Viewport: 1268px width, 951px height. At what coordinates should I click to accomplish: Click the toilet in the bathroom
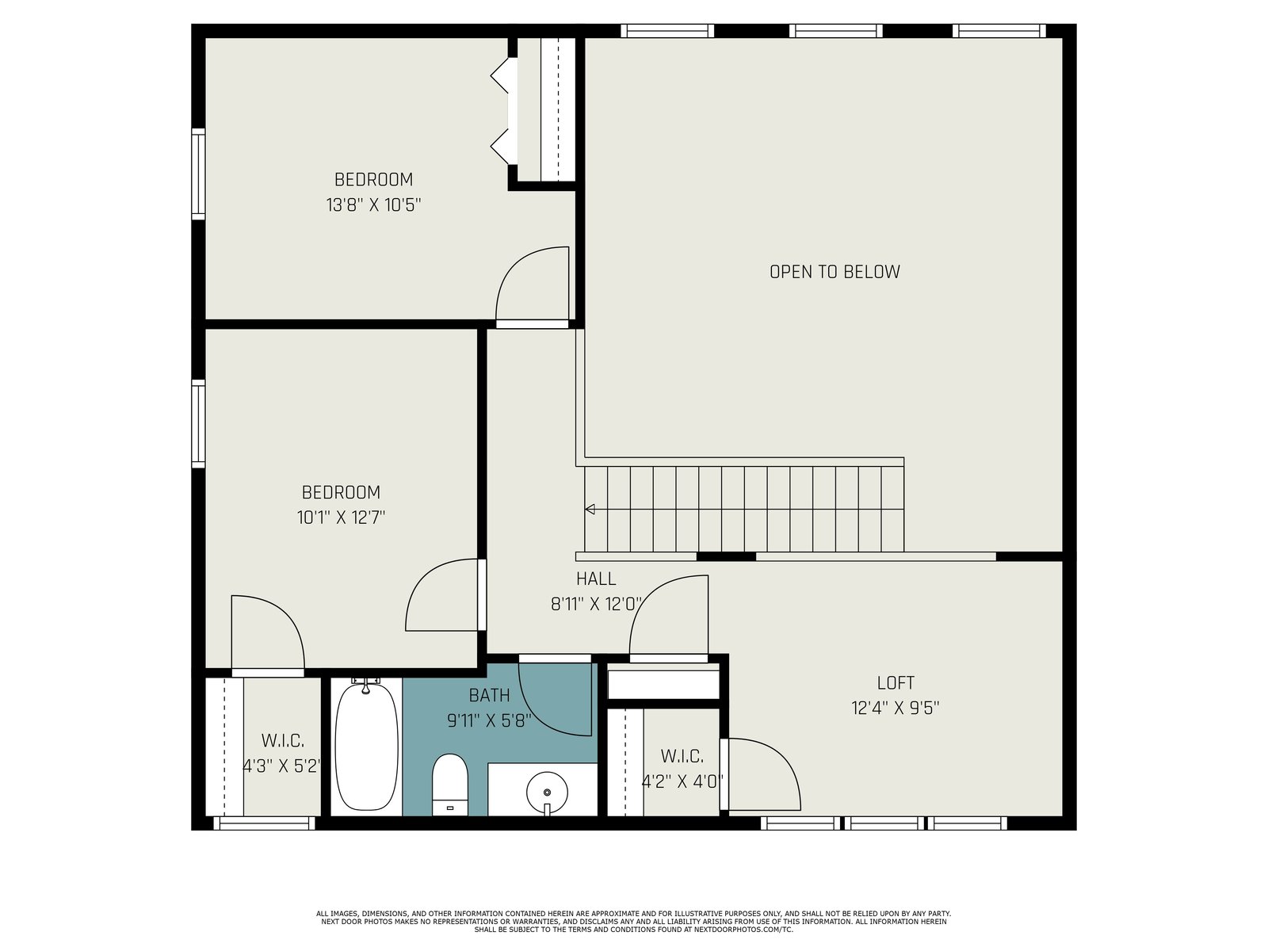[x=449, y=784]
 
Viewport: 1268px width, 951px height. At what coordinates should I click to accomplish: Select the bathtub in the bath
[x=366, y=747]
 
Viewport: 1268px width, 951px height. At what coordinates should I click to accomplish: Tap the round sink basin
[x=547, y=792]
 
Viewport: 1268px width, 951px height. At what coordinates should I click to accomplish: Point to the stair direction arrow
[x=590, y=510]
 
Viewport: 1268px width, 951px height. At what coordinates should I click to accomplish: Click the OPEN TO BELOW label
[x=835, y=272]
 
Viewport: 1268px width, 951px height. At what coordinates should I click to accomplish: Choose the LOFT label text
[x=896, y=683]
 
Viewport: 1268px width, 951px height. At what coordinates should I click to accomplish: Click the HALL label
[x=596, y=579]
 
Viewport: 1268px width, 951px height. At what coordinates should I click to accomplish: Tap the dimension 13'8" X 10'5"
[x=373, y=205]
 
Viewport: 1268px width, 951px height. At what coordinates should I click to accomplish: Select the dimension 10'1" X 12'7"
[x=341, y=518]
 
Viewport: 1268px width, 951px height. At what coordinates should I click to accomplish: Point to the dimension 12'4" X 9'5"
[x=896, y=708]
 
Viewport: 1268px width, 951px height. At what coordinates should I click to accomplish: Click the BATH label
[x=489, y=696]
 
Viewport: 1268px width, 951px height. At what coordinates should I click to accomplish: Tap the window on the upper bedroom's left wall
[x=198, y=174]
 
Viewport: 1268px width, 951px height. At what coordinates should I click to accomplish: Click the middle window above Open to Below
[x=835, y=31]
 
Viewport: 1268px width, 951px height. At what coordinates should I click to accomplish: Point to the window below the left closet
[x=265, y=823]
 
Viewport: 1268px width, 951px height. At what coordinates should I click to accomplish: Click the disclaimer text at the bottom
[x=633, y=922]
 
